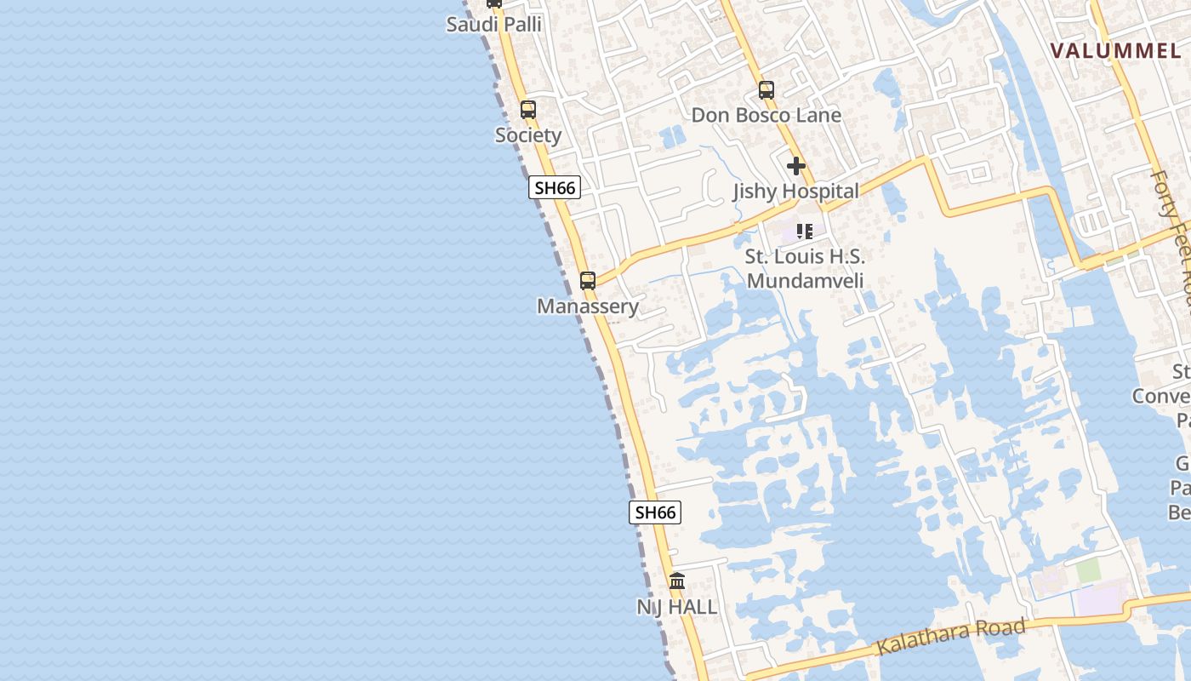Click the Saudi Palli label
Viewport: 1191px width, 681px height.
pyautogui.click(x=493, y=25)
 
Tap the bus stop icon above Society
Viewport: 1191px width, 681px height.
pyautogui.click(x=528, y=110)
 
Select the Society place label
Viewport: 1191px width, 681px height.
pyautogui.click(x=528, y=135)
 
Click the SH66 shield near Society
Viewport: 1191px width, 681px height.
pyautogui.click(x=555, y=188)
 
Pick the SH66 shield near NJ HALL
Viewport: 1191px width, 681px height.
pyautogui.click(x=655, y=512)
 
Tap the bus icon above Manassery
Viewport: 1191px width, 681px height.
pyautogui.click(x=588, y=281)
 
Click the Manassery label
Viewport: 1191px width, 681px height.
pyautogui.click(x=588, y=306)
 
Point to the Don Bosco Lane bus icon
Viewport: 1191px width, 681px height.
pyautogui.click(x=766, y=90)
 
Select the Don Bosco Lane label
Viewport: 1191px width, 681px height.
pyautogui.click(x=766, y=116)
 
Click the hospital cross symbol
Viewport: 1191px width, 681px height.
pyautogui.click(x=796, y=166)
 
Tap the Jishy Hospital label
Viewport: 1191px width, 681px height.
pyautogui.click(x=796, y=192)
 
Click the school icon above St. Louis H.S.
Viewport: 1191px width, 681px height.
pyautogui.click(x=805, y=231)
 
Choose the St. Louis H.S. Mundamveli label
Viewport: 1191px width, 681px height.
pyautogui.click(x=805, y=268)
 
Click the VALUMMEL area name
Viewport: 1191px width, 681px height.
pyautogui.click(x=1116, y=51)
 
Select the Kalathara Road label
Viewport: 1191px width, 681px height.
pyautogui.click(x=951, y=637)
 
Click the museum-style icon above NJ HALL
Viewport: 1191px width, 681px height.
pyautogui.click(x=677, y=581)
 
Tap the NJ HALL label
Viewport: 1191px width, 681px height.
pyautogui.click(x=677, y=607)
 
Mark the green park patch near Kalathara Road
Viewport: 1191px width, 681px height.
pyautogui.click(x=1089, y=570)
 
